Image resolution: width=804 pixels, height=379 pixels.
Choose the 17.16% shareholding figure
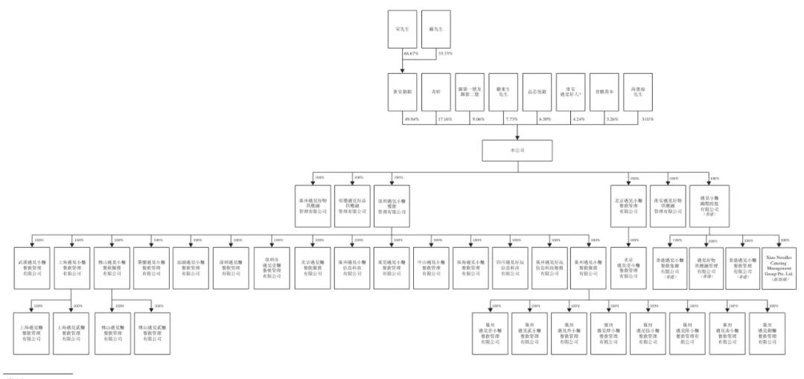443,118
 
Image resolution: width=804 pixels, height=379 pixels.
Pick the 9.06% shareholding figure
476,118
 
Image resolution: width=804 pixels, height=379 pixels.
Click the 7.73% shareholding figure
511,118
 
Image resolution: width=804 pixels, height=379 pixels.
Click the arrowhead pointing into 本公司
518,136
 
